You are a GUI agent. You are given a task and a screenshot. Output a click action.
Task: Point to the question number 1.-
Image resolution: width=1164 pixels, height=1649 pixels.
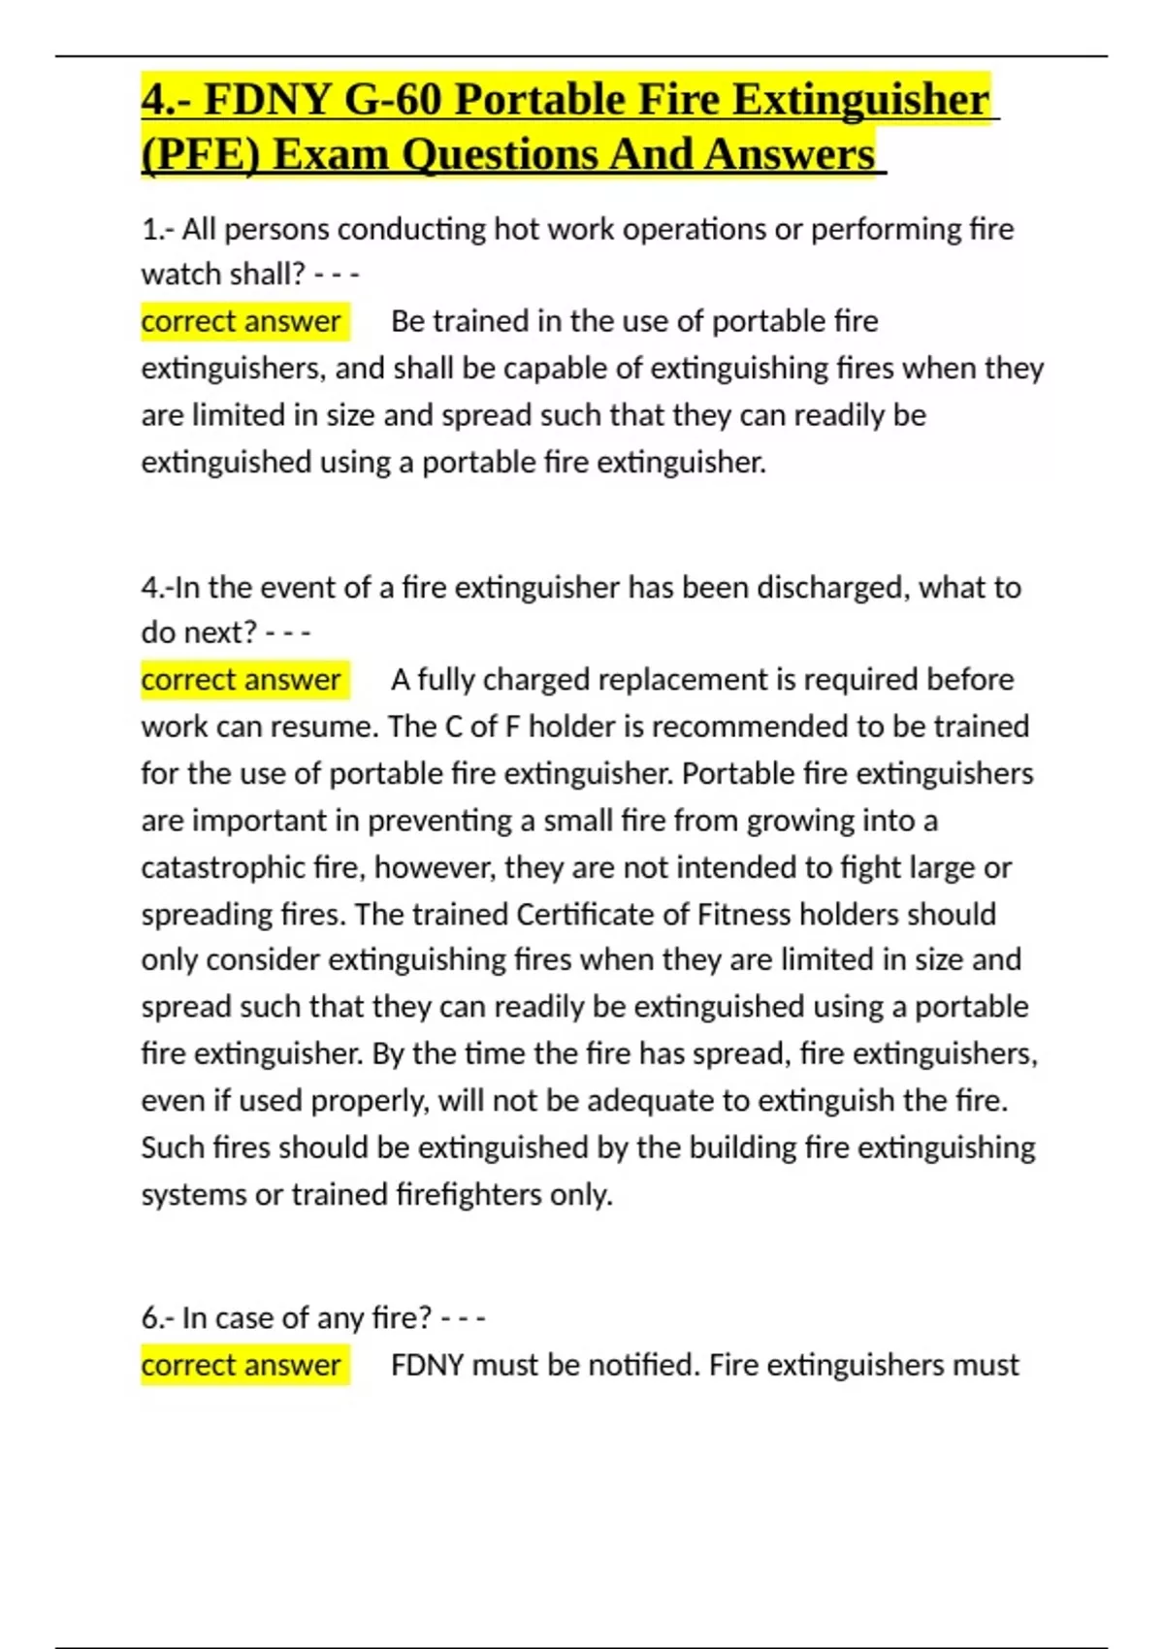(157, 230)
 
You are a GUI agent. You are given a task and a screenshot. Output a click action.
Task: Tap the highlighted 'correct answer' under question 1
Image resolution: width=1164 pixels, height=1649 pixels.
(241, 322)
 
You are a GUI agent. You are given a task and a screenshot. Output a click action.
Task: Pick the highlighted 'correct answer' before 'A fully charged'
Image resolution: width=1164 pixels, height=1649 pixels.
(241, 680)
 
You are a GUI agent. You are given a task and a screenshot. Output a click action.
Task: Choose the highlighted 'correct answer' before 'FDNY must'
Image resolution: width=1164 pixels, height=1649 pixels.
(241, 1366)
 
